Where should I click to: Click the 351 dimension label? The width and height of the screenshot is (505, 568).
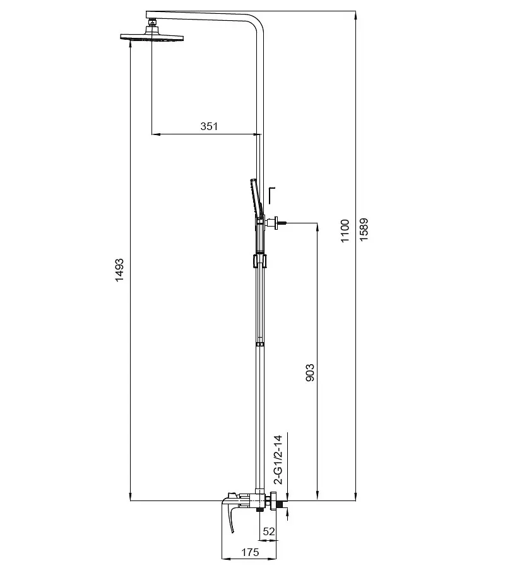point(209,126)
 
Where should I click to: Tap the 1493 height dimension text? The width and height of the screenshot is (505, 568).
point(119,270)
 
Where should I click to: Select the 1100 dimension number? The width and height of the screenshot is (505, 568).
point(345,231)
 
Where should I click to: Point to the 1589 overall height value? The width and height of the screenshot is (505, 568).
point(364,229)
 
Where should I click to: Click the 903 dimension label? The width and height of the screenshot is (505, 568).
point(310,373)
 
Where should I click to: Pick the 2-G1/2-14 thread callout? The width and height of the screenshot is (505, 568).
point(278,459)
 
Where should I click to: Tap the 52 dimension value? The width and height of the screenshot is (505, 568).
point(269,531)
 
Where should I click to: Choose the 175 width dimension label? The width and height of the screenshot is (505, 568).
point(251,552)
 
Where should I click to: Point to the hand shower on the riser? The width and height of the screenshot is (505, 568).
point(256,199)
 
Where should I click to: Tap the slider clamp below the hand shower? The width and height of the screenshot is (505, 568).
point(259,261)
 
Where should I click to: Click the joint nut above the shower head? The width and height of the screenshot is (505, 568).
point(151,25)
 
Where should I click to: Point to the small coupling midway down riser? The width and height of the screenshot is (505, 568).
point(259,344)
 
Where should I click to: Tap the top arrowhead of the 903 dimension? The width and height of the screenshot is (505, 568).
point(318,227)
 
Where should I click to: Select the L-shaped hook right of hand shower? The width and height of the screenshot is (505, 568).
point(271,195)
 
